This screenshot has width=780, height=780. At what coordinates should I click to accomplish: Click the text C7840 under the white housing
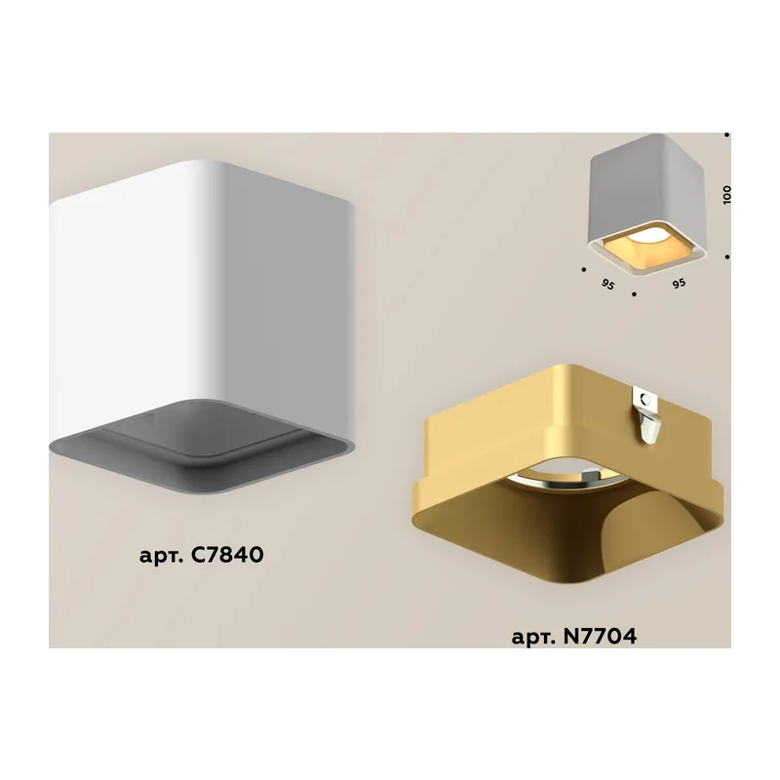[227, 554]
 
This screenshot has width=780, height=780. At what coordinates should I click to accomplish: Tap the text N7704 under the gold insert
[601, 636]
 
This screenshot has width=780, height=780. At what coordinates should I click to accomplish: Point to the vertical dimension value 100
[726, 194]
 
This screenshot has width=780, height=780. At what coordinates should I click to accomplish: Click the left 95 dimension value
[607, 285]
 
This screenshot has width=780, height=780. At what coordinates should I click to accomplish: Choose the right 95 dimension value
[679, 284]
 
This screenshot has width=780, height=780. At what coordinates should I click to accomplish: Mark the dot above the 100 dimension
[726, 135]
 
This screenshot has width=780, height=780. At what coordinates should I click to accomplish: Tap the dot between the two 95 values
[634, 294]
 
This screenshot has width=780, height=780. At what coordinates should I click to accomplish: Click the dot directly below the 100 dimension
[727, 256]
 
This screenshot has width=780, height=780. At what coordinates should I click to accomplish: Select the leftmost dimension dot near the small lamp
[583, 270]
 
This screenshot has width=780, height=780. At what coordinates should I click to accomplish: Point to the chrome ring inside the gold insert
[563, 474]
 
